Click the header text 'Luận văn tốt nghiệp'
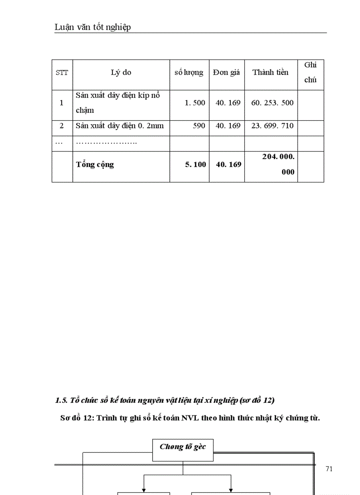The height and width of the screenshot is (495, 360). point(93,27)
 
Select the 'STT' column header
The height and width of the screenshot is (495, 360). point(62,73)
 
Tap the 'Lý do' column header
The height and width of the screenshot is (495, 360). point(121,72)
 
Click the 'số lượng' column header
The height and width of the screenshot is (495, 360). point(189,72)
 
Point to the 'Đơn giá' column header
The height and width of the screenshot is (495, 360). point(226,72)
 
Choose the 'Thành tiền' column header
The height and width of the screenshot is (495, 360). point(270,72)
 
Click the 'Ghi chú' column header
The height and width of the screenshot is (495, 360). point(311,72)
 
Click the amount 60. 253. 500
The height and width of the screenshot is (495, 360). point(272,103)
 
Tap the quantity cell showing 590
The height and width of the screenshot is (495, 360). point(199,126)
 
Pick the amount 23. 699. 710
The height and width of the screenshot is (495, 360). point(272,126)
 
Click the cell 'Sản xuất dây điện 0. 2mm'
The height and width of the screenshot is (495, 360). point(120,126)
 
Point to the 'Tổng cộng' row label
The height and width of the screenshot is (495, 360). point(95,164)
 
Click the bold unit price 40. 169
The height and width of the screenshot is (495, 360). point(228,164)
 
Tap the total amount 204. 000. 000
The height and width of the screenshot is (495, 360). point(278,164)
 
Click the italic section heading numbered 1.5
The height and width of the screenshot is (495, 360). point(165,400)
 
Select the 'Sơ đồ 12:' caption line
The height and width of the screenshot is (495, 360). point(190,418)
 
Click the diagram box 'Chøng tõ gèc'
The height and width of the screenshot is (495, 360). point(183,447)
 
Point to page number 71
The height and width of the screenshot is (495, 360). point(329,469)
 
